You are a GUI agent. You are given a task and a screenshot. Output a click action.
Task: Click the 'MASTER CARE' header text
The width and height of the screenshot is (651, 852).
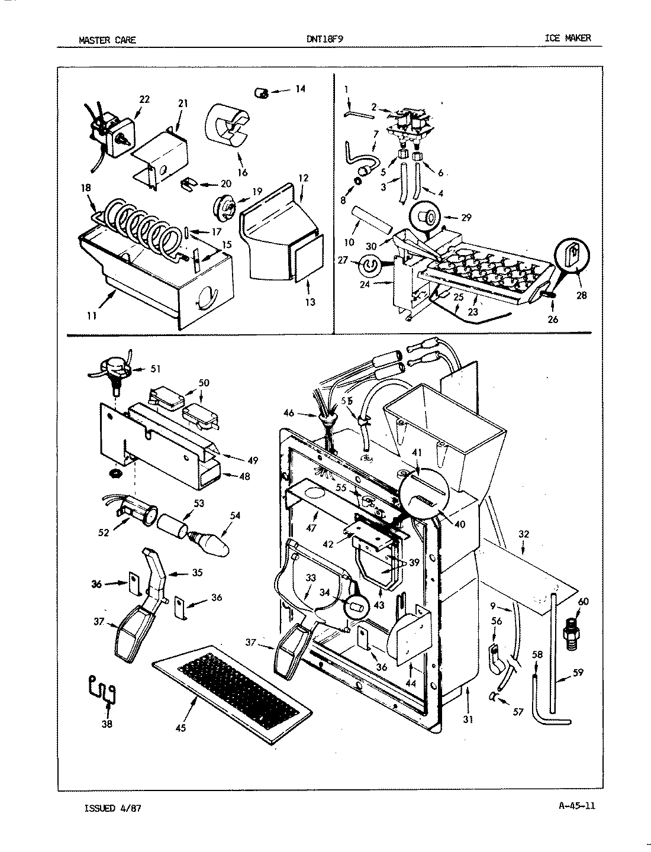click(107, 40)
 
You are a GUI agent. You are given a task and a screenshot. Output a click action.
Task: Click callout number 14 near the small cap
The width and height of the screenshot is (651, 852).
click(300, 89)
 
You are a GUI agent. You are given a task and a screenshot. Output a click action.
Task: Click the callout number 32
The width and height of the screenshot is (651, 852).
click(524, 534)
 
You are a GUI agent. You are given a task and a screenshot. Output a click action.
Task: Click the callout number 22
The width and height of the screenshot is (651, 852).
click(144, 99)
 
